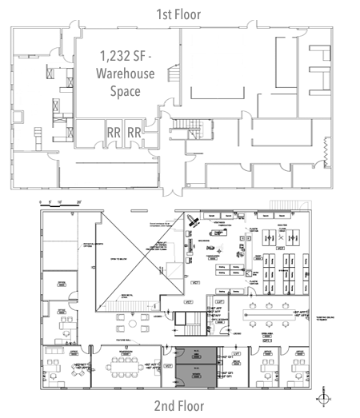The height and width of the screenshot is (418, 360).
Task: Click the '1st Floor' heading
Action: (179, 14)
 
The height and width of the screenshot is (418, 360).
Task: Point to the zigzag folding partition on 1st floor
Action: (324, 149)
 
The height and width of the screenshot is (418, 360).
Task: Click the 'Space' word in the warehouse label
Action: (125, 91)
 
